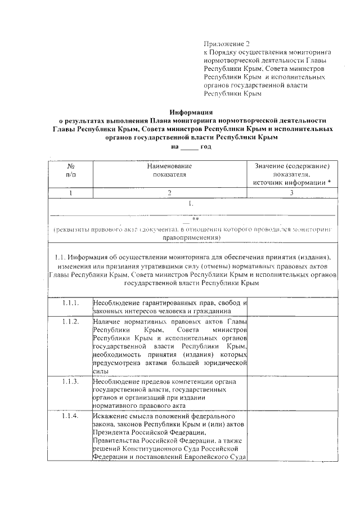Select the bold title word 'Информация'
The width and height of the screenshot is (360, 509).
191,112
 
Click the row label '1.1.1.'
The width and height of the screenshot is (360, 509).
71,303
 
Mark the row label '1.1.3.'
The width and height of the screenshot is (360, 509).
71,381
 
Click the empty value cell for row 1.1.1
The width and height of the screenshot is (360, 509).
292,307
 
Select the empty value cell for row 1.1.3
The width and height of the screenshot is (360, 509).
292,393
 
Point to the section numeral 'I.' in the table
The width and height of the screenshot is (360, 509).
191,204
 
